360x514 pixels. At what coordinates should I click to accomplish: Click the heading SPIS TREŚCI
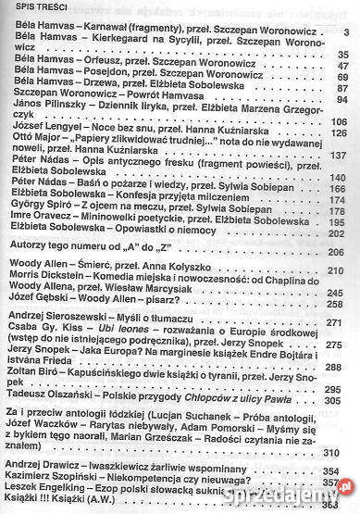32,10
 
